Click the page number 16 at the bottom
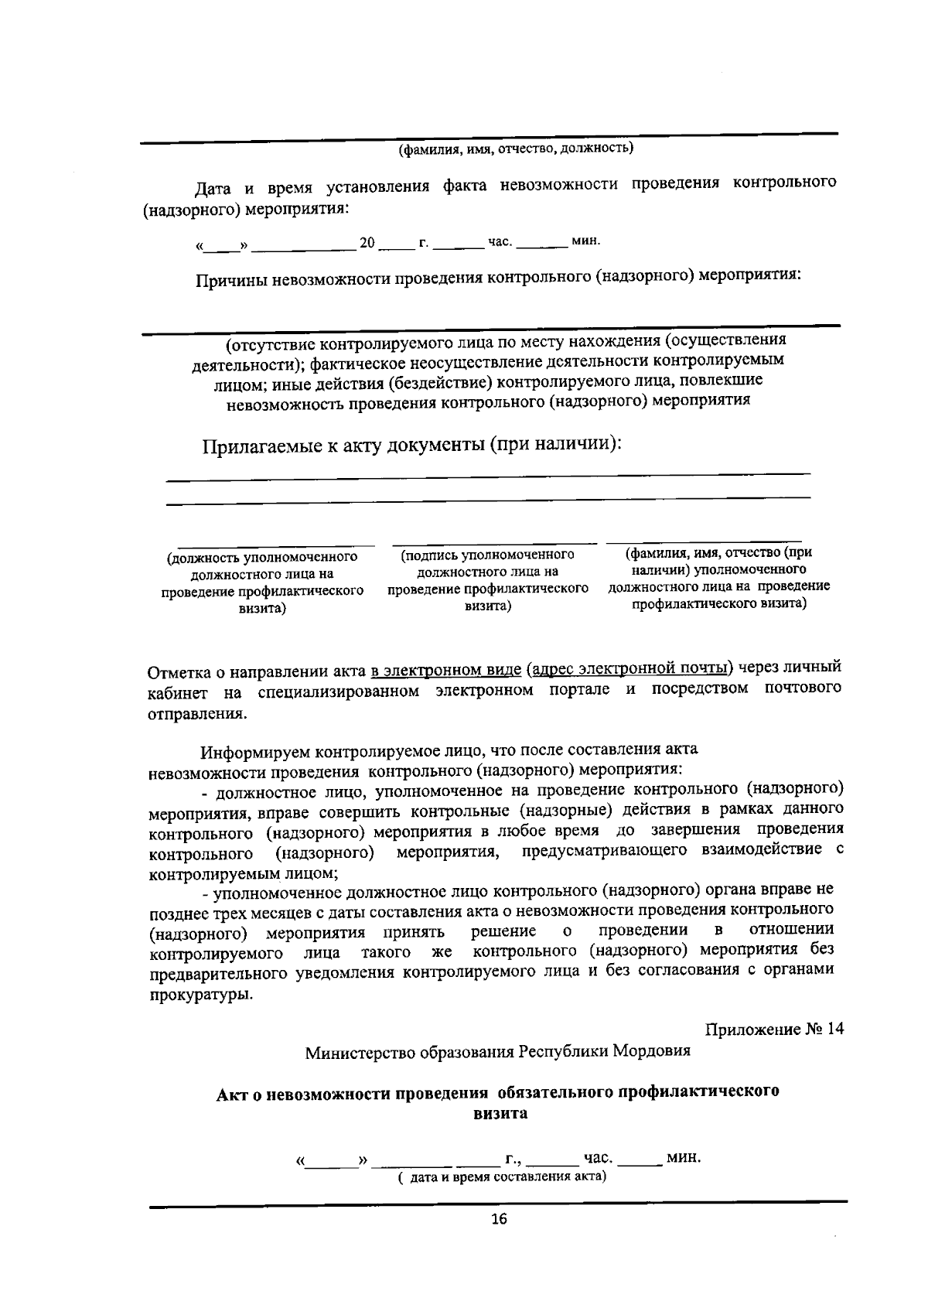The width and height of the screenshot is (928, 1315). pos(499,1220)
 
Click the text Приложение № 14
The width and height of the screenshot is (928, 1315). pos(774,1030)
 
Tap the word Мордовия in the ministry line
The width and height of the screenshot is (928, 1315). pos(652,1052)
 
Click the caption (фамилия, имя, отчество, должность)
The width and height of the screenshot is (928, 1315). pos(515,148)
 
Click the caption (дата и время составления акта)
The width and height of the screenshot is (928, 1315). pos(502,1177)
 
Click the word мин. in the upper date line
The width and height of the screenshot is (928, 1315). pos(585,241)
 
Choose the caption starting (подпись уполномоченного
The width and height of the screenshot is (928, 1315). pos(487,581)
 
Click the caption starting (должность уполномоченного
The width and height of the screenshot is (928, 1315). pos(262,582)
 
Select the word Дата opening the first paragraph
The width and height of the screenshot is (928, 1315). pos(210,188)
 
